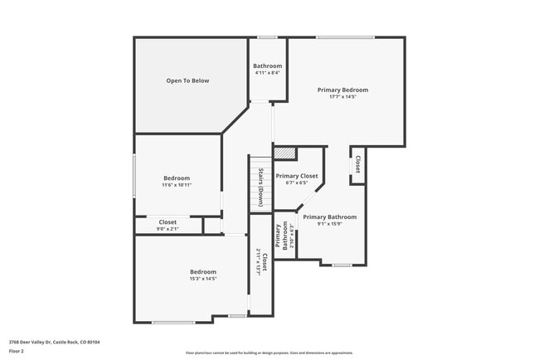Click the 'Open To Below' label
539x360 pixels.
pos(187,80)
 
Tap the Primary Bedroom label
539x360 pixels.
pos(342,90)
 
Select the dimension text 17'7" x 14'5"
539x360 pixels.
pos(342,97)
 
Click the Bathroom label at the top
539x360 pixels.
pos(267,66)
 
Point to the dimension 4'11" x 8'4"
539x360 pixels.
pos(267,73)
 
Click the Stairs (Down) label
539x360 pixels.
pos(260,187)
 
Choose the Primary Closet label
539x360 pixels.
pos(297,176)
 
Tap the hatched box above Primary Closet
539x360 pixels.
pos(284,153)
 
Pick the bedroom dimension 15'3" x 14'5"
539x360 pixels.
pos(203,279)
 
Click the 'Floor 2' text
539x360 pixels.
pos(17,350)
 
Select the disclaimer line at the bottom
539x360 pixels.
pos(269,352)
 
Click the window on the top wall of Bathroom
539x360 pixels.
pos(267,36)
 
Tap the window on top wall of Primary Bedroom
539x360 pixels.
pos(344,36)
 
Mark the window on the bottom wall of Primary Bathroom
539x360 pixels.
pos(342,265)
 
